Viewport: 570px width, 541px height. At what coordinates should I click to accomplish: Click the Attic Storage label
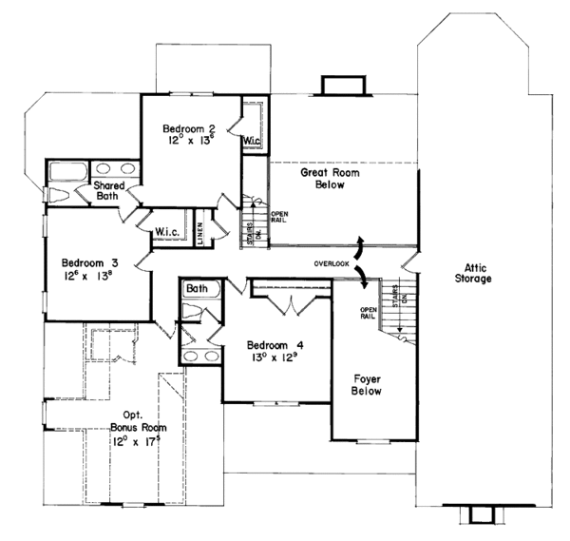(x=472, y=273)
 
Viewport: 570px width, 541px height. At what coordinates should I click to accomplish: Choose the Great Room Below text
(x=323, y=179)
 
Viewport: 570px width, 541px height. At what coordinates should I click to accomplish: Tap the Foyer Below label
(x=361, y=384)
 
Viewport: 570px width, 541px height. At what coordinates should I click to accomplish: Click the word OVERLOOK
(x=332, y=261)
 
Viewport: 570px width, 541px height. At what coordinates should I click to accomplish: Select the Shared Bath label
(x=111, y=191)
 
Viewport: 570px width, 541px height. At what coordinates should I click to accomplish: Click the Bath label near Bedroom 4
(x=197, y=289)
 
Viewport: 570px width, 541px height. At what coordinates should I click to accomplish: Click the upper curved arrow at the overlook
(x=360, y=241)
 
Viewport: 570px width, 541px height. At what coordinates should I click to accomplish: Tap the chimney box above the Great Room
(x=338, y=86)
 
